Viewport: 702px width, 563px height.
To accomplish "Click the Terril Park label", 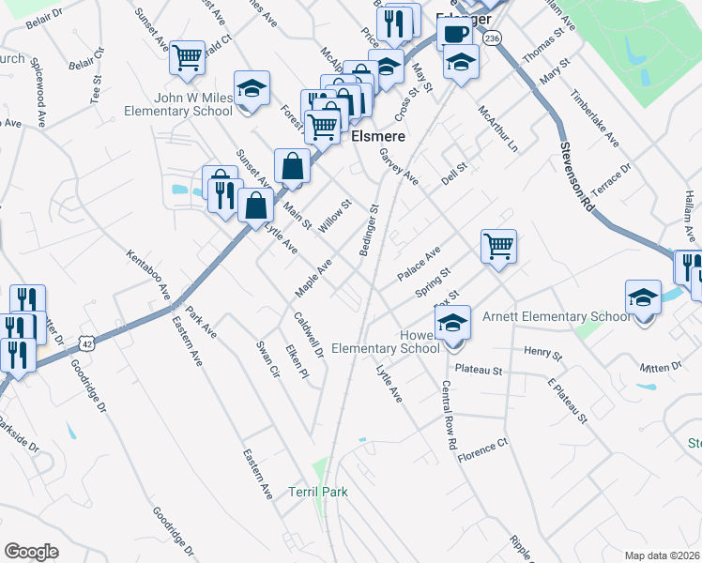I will pos(318,492).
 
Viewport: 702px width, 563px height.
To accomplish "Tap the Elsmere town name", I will pos(378,136).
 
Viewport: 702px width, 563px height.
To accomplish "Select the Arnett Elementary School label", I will pos(557,317).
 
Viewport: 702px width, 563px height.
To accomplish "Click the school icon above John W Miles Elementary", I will pos(251,89).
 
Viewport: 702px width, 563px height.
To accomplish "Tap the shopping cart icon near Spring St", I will pos(498,247).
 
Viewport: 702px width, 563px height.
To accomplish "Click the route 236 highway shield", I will pos(494,37).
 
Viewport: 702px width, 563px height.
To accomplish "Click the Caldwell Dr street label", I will pos(307,335).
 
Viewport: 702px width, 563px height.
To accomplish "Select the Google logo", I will pos(31,552).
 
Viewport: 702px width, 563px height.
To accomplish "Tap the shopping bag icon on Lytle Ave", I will pos(255,205).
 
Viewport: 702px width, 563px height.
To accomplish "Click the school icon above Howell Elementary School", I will pos(452,322).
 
